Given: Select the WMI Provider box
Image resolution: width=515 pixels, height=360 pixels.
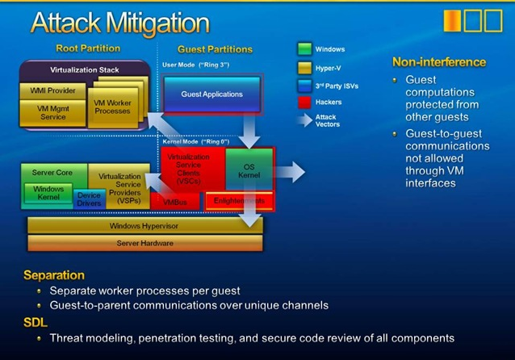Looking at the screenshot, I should (52, 90).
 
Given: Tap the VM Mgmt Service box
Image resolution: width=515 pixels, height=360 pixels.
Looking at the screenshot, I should (52, 112).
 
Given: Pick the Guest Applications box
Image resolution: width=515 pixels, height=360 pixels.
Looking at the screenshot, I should (211, 94).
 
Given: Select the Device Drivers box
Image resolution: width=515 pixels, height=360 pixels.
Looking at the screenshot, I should (89, 199).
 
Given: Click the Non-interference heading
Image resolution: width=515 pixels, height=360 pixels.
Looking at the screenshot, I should (439, 61).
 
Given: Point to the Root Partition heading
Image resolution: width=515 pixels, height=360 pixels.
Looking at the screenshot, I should (88, 48).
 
